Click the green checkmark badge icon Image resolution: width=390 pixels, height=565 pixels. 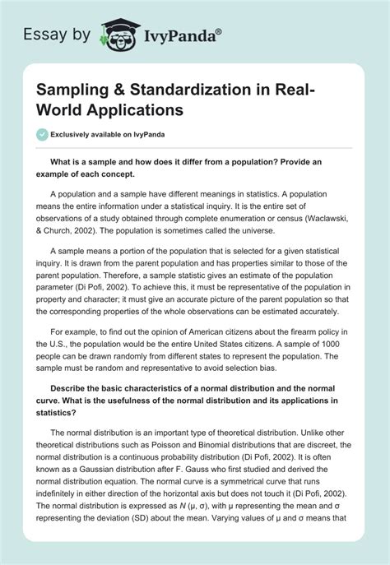[x=39, y=134]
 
